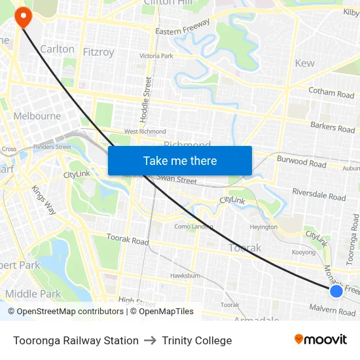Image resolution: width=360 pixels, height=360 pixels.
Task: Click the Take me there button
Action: click(x=180, y=161)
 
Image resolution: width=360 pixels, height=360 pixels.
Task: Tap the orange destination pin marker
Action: click(x=24, y=16)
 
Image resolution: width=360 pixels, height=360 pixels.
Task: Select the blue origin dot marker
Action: click(x=336, y=291)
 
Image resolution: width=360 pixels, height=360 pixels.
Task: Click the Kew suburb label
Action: click(x=304, y=63)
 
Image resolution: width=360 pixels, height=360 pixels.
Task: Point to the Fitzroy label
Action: click(x=98, y=52)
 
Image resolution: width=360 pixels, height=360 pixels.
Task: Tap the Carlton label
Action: click(x=57, y=49)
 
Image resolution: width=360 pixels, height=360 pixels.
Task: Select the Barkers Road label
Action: click(x=333, y=126)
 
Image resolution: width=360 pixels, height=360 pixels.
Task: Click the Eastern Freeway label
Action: click(x=183, y=27)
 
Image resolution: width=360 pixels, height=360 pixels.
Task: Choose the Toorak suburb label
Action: click(x=245, y=247)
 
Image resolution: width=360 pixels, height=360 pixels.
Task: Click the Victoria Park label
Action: click(x=156, y=56)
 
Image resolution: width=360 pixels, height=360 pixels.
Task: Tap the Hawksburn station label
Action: click(x=185, y=276)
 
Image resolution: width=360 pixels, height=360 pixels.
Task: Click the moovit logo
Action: click(x=321, y=340)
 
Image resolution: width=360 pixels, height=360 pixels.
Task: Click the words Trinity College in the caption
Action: click(x=196, y=340)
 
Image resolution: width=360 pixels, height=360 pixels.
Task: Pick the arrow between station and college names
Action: click(x=150, y=340)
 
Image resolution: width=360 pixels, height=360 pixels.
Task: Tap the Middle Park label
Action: click(x=33, y=294)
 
